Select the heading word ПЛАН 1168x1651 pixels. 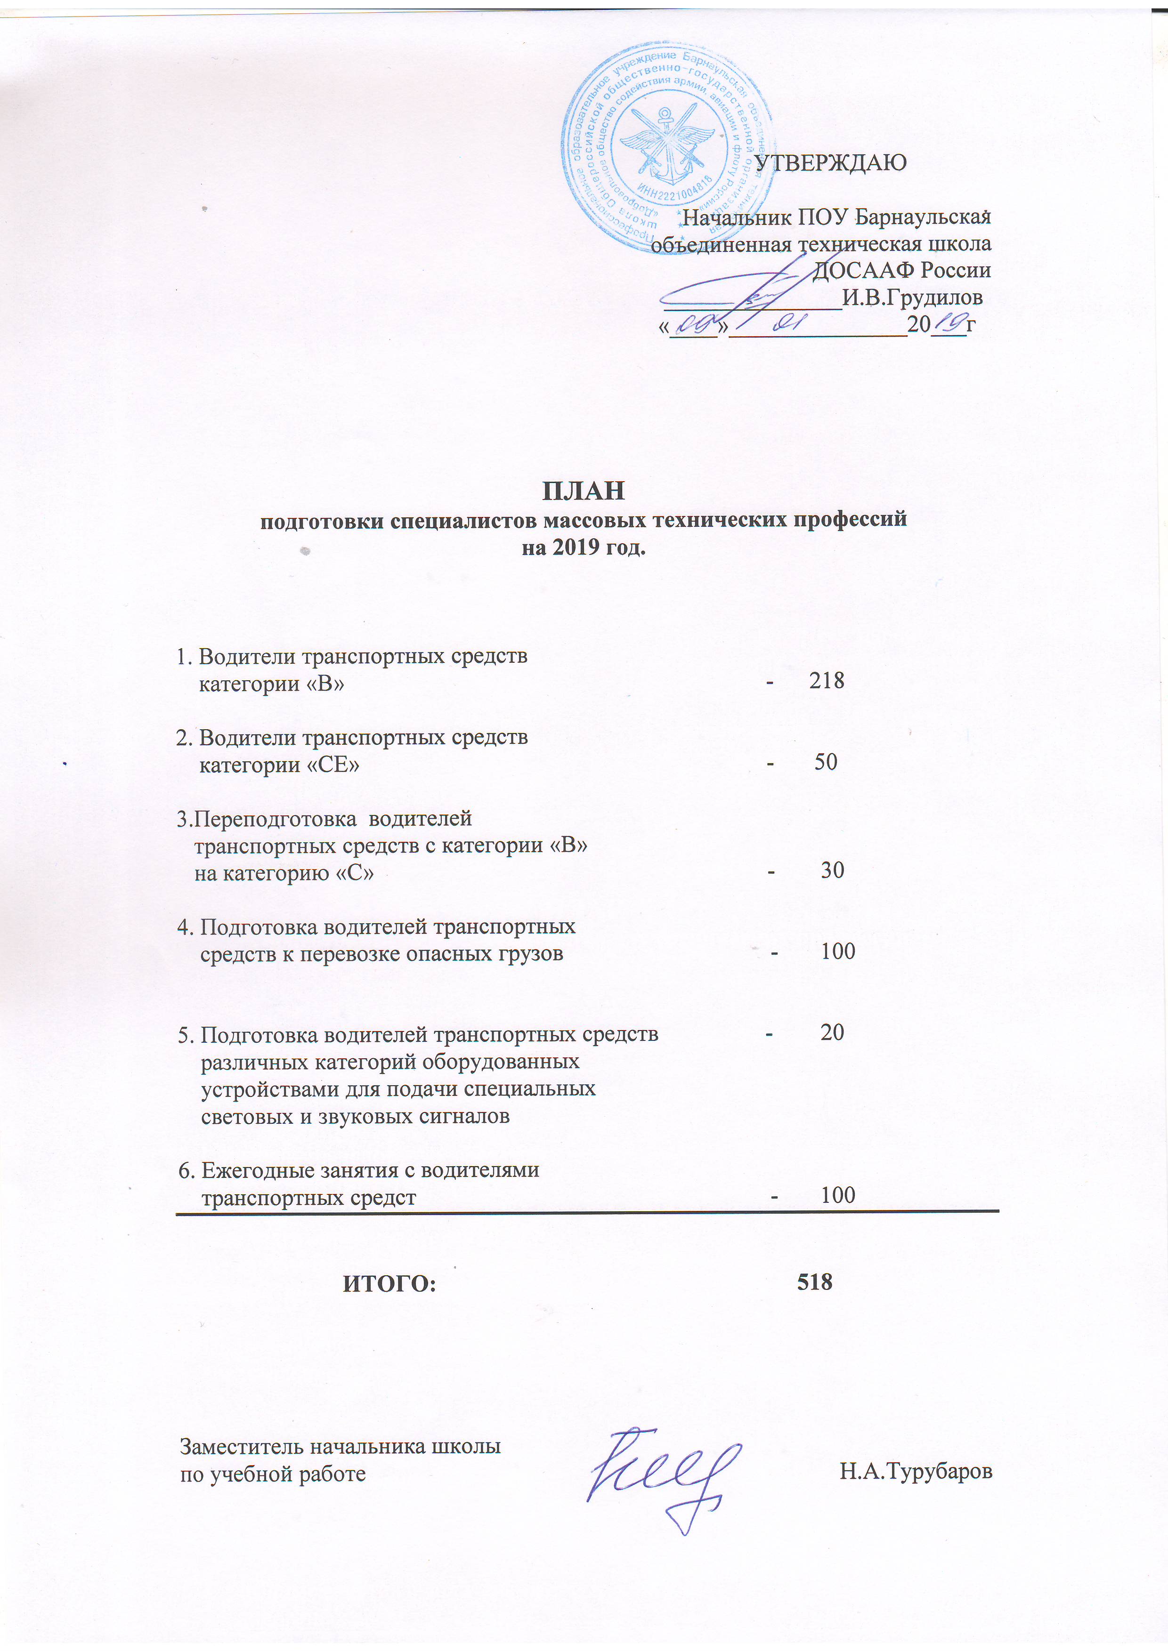click(583, 491)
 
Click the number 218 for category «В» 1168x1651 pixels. click(827, 680)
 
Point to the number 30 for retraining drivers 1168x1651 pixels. click(832, 870)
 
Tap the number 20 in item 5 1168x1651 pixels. click(832, 1032)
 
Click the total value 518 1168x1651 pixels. click(814, 1281)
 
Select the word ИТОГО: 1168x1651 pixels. click(389, 1283)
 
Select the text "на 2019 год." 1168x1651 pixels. click(583, 548)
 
